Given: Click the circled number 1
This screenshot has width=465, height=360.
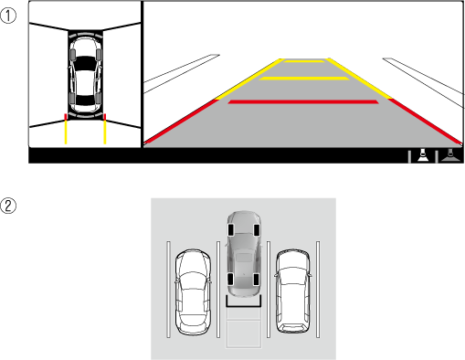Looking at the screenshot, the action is tap(7, 16).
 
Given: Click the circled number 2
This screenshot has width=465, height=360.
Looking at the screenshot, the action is tap(7, 206).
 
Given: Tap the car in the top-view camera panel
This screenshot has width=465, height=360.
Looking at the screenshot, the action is tap(86, 76).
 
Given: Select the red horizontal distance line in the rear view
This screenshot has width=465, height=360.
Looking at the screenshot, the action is tap(303, 102).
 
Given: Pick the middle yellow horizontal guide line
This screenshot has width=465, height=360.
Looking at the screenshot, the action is tap(304, 79).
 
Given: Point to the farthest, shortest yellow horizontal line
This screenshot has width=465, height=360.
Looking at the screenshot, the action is tap(304, 61).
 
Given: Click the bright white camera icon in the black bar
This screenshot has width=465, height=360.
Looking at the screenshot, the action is tap(423, 154).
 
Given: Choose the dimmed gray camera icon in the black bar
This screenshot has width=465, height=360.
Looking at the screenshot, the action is tap(450, 154).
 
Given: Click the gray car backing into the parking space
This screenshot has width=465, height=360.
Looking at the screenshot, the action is tap(244, 253).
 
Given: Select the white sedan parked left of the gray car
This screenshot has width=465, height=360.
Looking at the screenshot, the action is tap(193, 291).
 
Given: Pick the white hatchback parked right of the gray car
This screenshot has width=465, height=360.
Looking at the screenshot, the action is tap(292, 291).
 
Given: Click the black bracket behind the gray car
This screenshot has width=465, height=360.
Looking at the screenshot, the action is tap(244, 306).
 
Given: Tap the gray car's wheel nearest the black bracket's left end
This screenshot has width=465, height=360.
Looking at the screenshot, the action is tap(230, 280).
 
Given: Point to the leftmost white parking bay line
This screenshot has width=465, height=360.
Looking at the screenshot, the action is tap(168, 290).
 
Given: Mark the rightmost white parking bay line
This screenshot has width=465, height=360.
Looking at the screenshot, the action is tap(318, 290).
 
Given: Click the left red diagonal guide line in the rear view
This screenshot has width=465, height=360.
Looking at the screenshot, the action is tap(180, 121).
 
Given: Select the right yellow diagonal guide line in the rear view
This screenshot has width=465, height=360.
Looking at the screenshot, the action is tap(359, 79).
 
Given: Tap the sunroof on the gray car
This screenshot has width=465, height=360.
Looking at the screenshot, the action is tap(243, 258).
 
